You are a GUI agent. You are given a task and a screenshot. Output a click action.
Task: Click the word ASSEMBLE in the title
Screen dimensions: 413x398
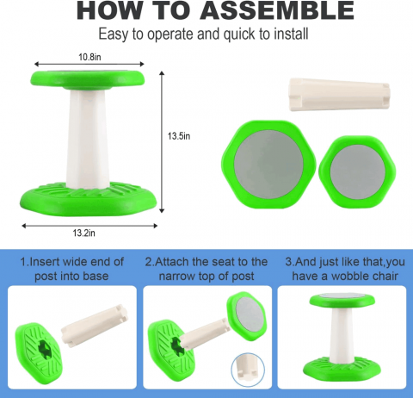pyautogui.click(x=277, y=11)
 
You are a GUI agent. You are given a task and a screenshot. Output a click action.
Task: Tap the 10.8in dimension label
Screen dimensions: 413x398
pyautogui.click(x=89, y=57)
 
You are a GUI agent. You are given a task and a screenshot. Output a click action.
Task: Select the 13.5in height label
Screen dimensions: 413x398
pyautogui.click(x=179, y=136)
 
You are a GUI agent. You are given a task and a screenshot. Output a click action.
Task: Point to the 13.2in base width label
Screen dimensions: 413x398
pyautogui.click(x=83, y=233)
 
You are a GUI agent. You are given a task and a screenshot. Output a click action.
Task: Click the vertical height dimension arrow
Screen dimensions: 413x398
pyautogui.click(x=162, y=142)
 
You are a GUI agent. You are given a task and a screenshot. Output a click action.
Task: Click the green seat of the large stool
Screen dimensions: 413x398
pyautogui.click(x=88, y=79)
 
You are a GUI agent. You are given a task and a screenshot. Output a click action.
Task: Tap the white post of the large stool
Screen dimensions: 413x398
pyautogui.click(x=88, y=138)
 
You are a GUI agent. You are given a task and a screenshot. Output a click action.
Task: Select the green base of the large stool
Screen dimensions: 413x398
pyautogui.click(x=89, y=199)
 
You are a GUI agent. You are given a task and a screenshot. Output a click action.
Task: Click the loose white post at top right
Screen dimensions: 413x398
pyautogui.click(x=339, y=95)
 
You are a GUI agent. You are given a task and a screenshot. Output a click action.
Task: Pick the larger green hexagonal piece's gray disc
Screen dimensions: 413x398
pyautogui.click(x=268, y=165)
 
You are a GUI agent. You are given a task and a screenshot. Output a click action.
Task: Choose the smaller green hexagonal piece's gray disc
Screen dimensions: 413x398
pyautogui.click(x=358, y=171)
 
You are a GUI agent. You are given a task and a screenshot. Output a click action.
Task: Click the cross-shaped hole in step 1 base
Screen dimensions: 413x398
pyautogui.click(x=46, y=349)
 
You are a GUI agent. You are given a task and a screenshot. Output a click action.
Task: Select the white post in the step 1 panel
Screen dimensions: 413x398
pyautogui.click(x=95, y=326)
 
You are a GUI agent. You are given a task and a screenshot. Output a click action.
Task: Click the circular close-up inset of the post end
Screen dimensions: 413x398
pyautogui.click(x=248, y=370)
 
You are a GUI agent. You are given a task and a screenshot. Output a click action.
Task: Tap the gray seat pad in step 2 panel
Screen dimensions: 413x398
pyautogui.click(x=250, y=316)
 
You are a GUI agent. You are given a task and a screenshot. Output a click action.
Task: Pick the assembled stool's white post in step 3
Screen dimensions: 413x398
pyautogui.click(x=341, y=335)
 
